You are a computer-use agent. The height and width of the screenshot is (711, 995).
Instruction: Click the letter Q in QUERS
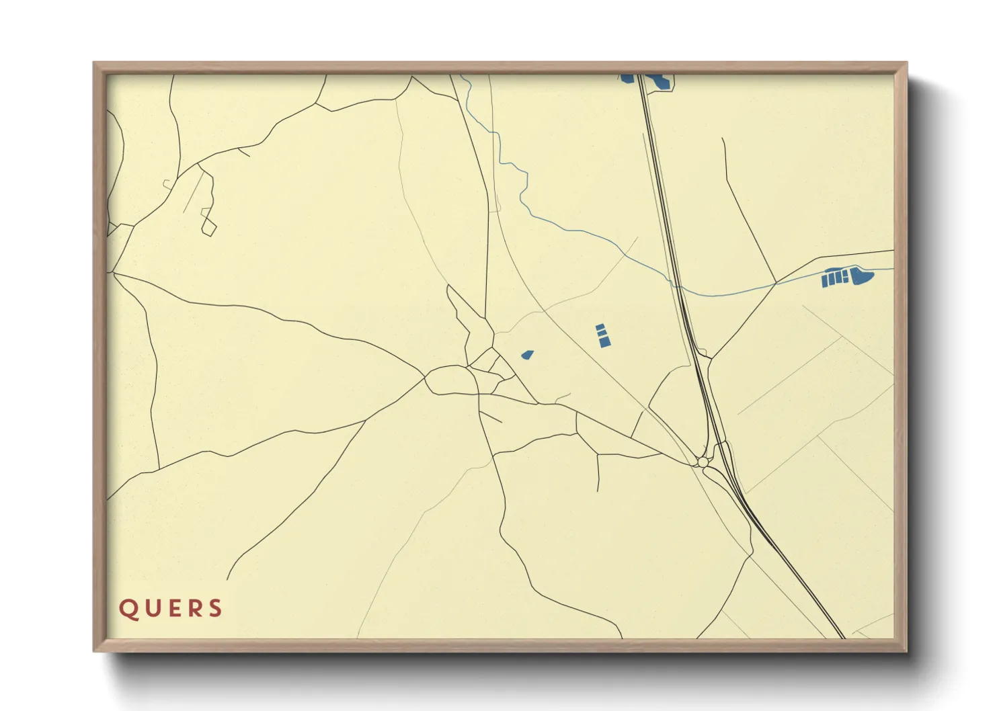(128, 609)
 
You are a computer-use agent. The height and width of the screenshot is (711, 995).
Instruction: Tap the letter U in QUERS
(150, 609)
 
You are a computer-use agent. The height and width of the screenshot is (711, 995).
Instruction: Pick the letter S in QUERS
(215, 609)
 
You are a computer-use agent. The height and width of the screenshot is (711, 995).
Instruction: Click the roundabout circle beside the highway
(703, 462)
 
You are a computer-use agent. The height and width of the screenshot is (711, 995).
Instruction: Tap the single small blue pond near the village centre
(527, 354)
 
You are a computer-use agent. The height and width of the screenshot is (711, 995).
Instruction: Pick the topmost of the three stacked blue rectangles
(600, 327)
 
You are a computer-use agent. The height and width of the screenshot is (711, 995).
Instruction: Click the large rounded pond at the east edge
(861, 276)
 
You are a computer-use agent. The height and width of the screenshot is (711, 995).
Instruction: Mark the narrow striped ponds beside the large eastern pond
(834, 278)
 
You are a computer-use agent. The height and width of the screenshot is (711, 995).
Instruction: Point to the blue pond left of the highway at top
(627, 79)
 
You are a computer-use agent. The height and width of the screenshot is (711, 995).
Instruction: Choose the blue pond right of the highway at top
(660, 82)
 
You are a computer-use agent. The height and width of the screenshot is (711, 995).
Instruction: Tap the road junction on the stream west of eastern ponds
(777, 283)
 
